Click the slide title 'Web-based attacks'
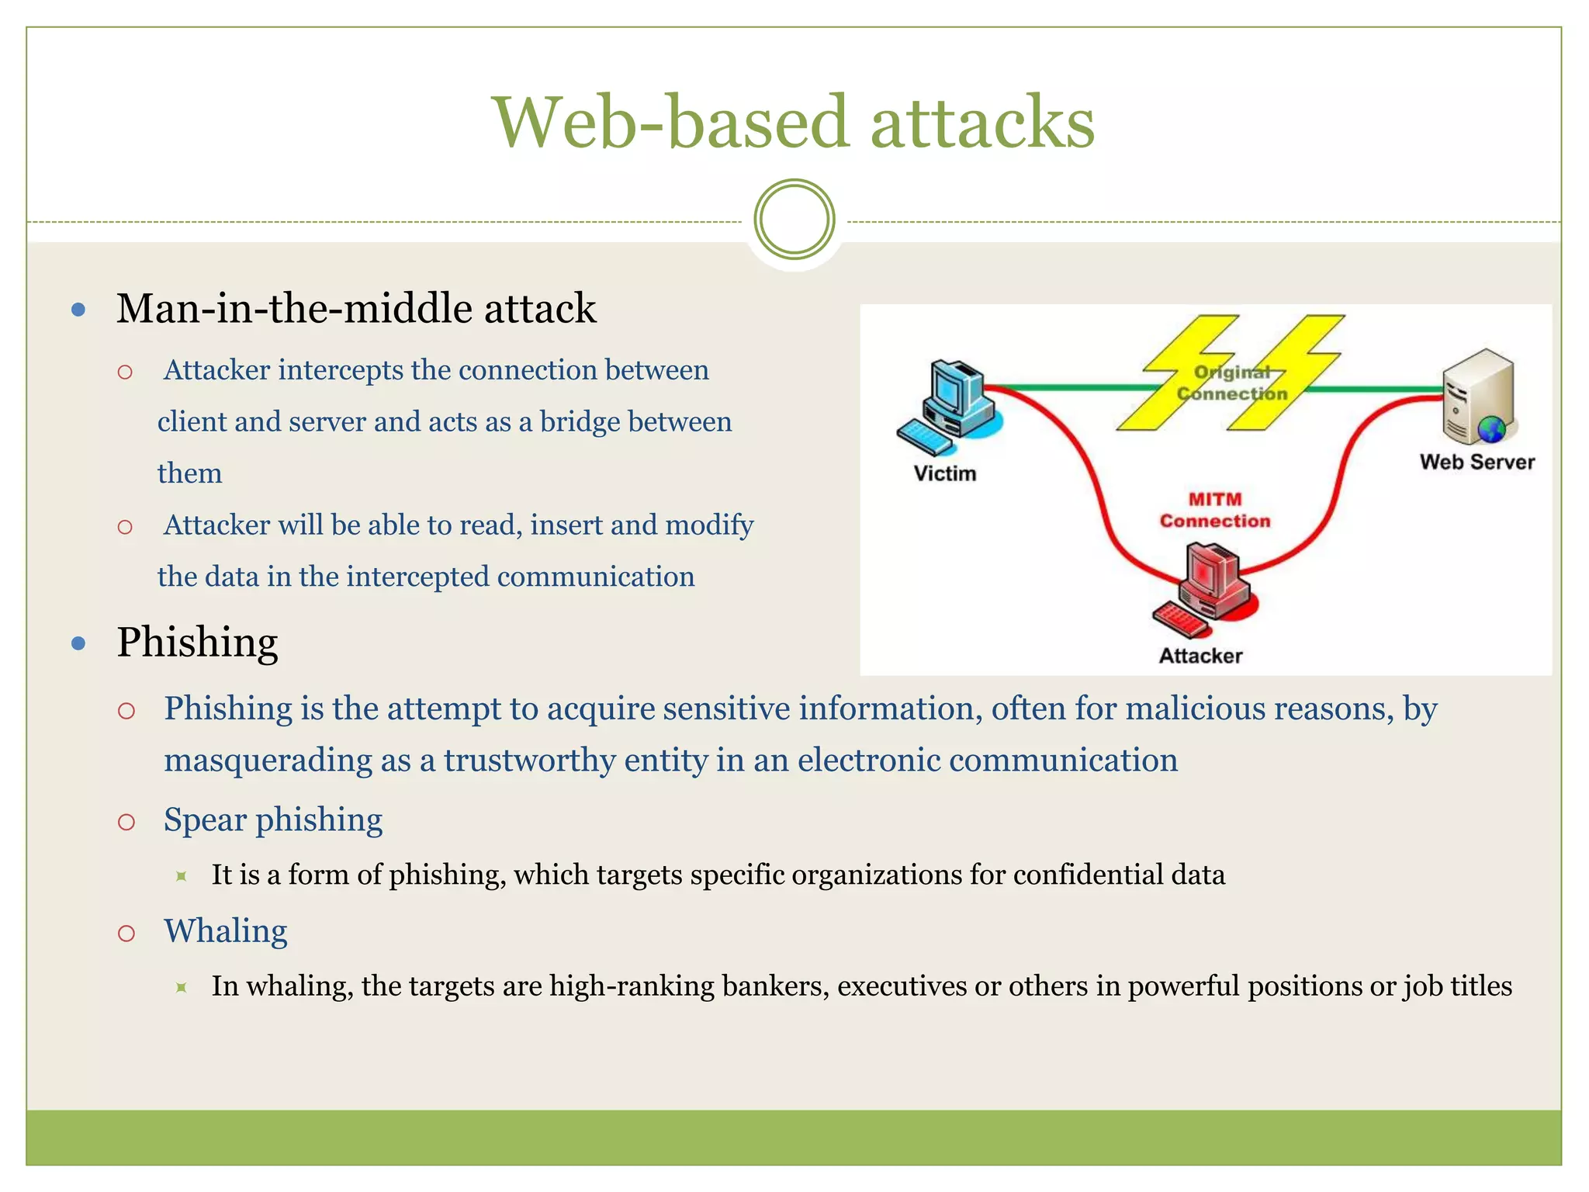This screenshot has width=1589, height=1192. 794,122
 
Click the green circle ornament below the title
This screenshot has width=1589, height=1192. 794,219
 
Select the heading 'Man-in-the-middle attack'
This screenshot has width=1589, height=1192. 356,308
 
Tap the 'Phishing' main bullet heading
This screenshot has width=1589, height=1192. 197,643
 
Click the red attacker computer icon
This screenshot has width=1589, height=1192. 1206,587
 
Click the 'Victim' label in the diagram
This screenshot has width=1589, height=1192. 944,473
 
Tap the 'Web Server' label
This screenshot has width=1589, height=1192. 1476,462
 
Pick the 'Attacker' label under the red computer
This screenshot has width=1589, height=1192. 1200,656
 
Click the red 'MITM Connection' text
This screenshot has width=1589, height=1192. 1215,510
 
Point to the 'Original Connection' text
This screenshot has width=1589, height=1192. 1232,383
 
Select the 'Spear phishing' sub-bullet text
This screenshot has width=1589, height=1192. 273,819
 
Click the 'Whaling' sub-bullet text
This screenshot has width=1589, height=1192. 226,930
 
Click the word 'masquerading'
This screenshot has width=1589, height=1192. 268,760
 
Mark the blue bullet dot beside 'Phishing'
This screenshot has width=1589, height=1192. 78,643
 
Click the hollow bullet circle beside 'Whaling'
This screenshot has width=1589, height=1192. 126,933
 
